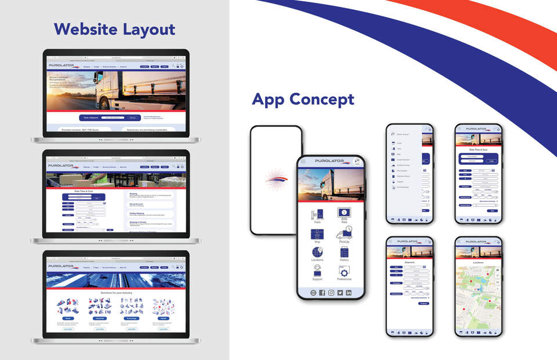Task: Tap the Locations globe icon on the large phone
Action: point(317,253)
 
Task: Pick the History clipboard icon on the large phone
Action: point(344,253)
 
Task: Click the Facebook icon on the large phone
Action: point(322,293)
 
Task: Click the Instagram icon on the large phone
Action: point(331,293)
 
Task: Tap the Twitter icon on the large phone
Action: point(340,293)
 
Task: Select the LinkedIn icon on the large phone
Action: point(349,293)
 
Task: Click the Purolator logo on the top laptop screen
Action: point(62,67)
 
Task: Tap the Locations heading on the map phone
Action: point(478,263)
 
